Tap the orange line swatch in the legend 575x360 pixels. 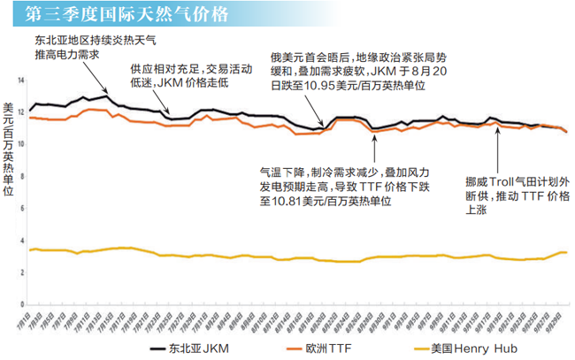pyautogui.click(x=267, y=348)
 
